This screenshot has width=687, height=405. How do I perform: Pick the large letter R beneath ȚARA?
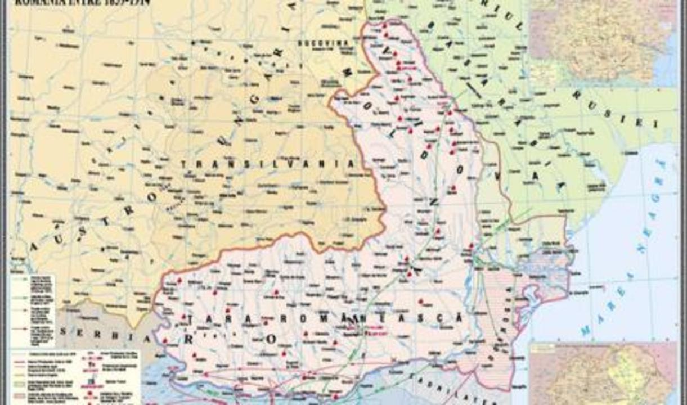(x=205, y=339)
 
